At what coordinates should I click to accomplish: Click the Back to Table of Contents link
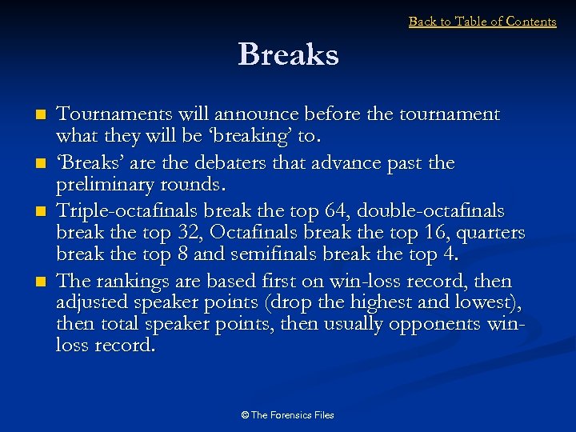[482, 22]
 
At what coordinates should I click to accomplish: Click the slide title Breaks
[288, 55]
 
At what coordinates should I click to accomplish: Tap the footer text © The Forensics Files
[288, 415]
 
